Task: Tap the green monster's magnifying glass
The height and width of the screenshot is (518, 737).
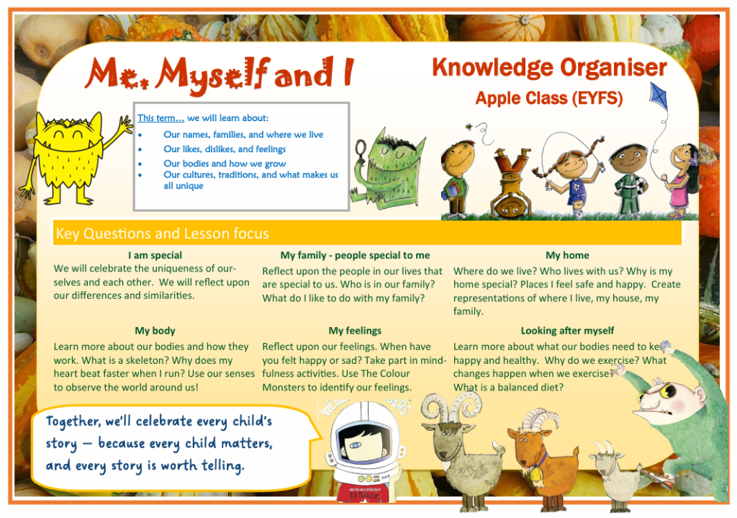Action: tap(361, 150)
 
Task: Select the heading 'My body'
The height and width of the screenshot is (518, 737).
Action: tap(155, 331)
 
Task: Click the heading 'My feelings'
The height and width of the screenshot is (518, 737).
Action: tap(355, 331)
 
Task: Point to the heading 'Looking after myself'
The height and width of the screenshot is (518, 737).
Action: tap(567, 331)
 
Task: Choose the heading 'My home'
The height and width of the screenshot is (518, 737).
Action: tap(567, 256)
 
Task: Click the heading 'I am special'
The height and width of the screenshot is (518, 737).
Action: tap(155, 256)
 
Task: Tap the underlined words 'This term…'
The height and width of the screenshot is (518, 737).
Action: tap(160, 118)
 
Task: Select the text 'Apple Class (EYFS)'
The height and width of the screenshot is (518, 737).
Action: tap(549, 98)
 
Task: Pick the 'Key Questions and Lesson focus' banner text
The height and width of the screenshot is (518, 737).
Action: tap(162, 234)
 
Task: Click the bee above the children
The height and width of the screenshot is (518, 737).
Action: tap(469, 127)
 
